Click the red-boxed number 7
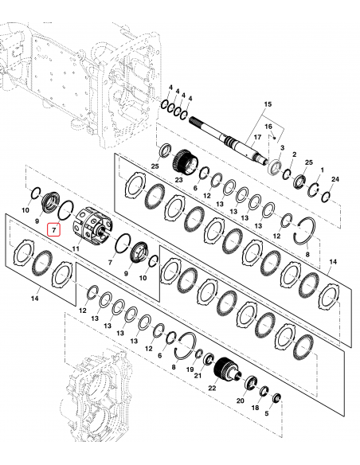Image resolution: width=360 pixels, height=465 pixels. point(54,230)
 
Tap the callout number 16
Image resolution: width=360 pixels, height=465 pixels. point(268,127)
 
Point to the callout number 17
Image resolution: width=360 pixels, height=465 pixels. point(257,139)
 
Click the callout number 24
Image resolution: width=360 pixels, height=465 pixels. point(334,180)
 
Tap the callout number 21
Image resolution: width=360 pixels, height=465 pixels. point(198,375)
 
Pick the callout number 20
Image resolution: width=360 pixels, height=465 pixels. point(240,402)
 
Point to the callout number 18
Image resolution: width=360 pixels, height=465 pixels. point(256,407)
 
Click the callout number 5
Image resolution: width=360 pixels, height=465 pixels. point(268,414)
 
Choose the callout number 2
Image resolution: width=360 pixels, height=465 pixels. point(294,154)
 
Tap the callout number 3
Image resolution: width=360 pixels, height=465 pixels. point(281,148)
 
